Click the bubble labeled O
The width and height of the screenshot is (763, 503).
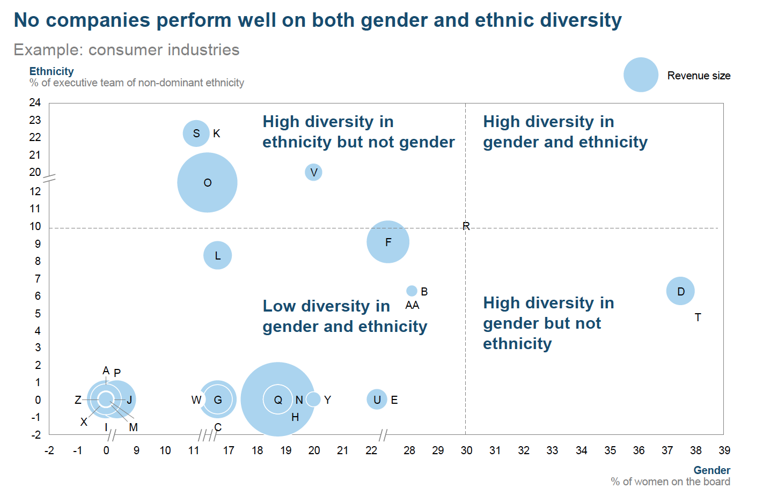207,182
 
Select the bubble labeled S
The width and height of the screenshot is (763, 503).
196,134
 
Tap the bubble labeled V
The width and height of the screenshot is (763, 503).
313,172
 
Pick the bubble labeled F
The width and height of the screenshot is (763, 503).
388,242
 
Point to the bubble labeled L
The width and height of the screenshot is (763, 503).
218,255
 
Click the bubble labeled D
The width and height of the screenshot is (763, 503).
680,291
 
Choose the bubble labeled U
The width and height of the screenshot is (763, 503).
377,399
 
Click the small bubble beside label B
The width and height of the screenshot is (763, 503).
412,291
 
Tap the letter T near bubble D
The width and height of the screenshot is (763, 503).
698,317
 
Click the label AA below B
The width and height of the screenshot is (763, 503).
412,305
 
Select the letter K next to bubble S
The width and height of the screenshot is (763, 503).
217,134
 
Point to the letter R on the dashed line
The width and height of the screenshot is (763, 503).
466,226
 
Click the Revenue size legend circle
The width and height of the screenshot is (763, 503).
641,75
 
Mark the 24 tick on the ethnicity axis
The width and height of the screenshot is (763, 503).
35,102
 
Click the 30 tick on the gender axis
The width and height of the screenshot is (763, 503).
466,450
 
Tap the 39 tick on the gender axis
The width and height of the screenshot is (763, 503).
724,450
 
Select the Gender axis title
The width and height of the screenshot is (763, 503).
712,470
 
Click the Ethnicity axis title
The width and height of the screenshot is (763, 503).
52,71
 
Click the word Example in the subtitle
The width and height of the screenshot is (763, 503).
48,50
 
